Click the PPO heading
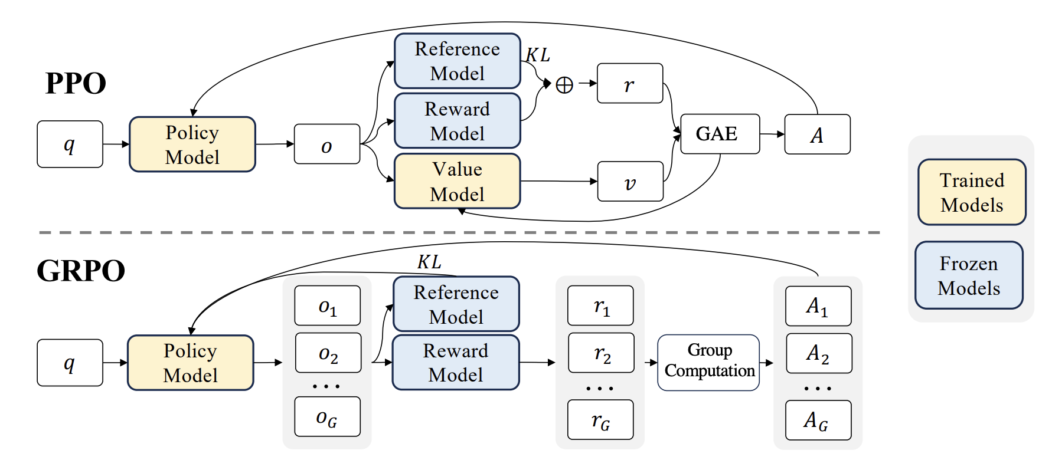[x=76, y=84]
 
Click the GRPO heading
[x=81, y=271]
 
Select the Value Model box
[x=457, y=182]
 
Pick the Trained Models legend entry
[x=972, y=192]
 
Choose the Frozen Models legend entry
[x=969, y=275]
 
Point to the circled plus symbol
[x=564, y=85]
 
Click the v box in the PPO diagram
[x=630, y=182]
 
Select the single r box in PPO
[x=629, y=84]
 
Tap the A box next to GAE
[x=817, y=134]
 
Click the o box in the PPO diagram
[x=326, y=144]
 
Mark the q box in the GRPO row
[x=70, y=363]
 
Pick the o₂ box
[x=328, y=353]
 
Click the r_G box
[x=600, y=419]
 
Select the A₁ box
[x=818, y=306]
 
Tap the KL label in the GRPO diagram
[x=429, y=262]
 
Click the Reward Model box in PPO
[x=457, y=121]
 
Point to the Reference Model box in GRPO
[x=456, y=304]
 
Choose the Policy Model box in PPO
[x=192, y=144]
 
